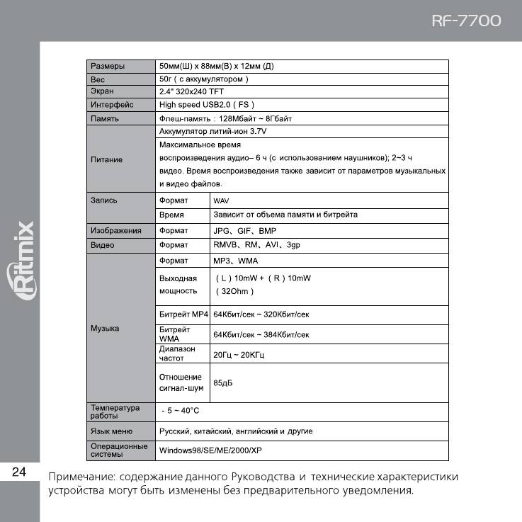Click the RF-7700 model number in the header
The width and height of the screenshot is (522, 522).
tap(465, 21)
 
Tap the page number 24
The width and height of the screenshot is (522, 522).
tap(19, 472)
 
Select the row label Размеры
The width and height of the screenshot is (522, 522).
tap(108, 66)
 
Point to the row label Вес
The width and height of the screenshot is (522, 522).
tap(97, 79)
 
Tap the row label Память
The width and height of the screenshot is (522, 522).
tap(105, 118)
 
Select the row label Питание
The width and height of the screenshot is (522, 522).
tap(106, 159)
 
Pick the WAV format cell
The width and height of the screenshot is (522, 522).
tap(220, 200)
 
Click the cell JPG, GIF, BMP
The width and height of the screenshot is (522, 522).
tap(244, 231)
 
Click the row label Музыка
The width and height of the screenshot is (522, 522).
tap(105, 329)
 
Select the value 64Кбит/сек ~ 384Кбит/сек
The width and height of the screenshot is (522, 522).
tap(261, 334)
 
